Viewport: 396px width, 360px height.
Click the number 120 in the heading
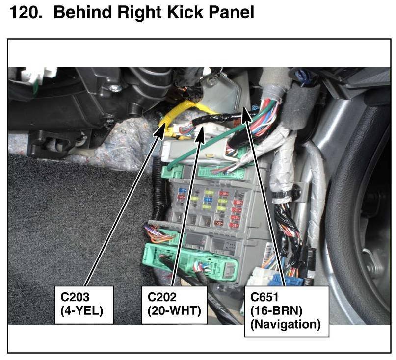(24, 13)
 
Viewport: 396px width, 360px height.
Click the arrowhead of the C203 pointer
(162, 127)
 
